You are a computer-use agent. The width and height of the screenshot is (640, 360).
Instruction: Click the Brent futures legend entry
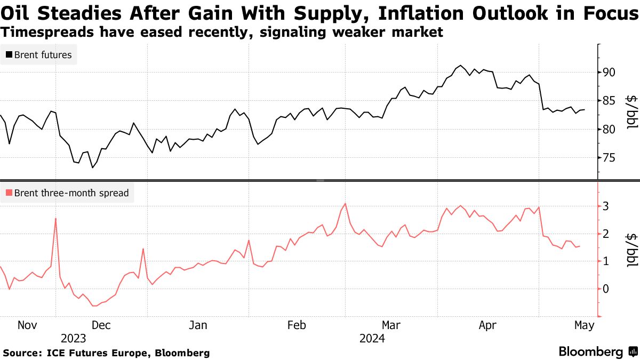click(x=38, y=54)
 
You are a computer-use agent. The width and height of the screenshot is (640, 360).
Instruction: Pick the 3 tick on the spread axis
click(x=606, y=206)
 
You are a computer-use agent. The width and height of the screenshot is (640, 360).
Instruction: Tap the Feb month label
click(x=298, y=325)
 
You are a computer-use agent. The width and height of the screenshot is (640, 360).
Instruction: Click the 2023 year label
click(x=74, y=338)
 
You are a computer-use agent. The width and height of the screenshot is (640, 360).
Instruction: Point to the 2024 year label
click(x=372, y=338)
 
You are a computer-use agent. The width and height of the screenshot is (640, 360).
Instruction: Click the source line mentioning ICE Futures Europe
click(x=106, y=353)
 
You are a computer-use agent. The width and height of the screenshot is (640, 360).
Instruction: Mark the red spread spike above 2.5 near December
click(x=56, y=219)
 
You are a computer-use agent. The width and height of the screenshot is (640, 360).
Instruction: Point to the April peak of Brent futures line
click(x=460, y=66)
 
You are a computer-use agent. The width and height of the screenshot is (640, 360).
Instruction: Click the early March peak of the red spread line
click(x=345, y=203)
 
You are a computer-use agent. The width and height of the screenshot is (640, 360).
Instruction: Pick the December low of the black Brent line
click(x=92, y=168)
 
